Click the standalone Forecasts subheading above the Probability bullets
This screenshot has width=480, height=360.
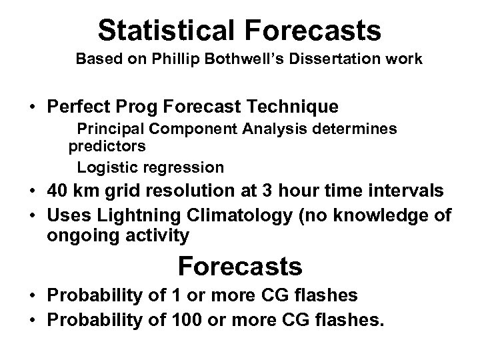point(239,267)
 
